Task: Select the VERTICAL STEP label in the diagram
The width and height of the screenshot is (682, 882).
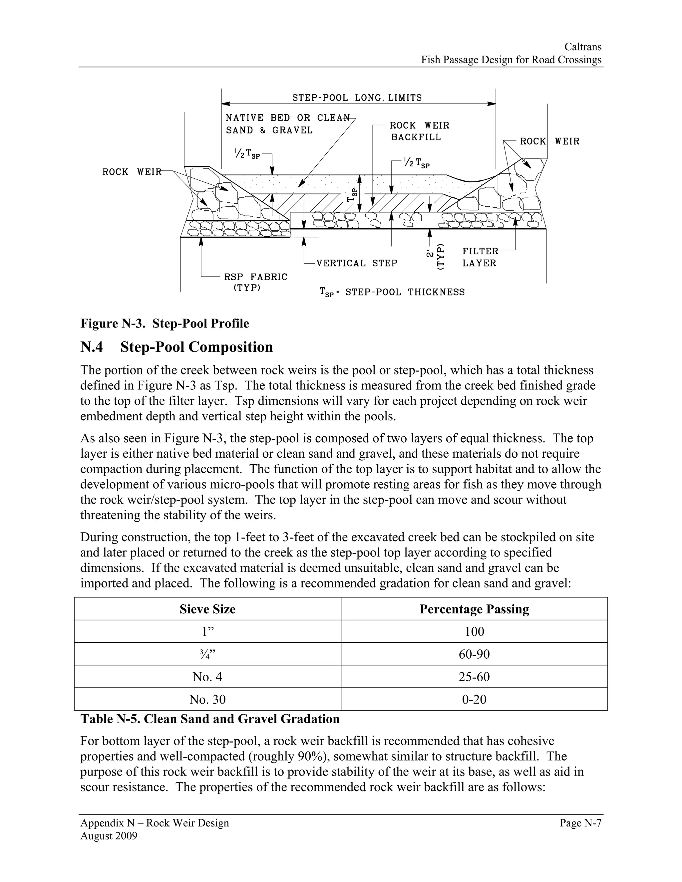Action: pyautogui.click(x=357, y=263)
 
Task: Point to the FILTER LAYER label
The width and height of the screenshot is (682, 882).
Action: pyautogui.click(x=480, y=257)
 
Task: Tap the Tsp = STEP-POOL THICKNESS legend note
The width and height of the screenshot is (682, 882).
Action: pyautogui.click(x=392, y=292)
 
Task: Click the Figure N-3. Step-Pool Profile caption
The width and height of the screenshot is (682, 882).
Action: pyautogui.click(x=165, y=324)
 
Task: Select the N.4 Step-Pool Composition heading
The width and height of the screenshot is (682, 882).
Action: pyautogui.click(x=176, y=347)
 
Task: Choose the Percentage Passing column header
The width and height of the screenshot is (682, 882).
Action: pyautogui.click(x=474, y=609)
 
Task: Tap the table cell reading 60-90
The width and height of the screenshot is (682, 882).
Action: pyautogui.click(x=474, y=654)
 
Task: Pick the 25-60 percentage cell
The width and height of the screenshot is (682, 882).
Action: pyautogui.click(x=474, y=677)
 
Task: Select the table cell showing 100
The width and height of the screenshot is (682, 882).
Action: pyautogui.click(x=474, y=632)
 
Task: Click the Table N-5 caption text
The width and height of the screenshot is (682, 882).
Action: pyautogui.click(x=210, y=719)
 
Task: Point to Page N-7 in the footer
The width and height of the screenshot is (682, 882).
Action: pyautogui.click(x=580, y=823)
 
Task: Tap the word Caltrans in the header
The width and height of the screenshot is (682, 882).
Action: pyautogui.click(x=583, y=47)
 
